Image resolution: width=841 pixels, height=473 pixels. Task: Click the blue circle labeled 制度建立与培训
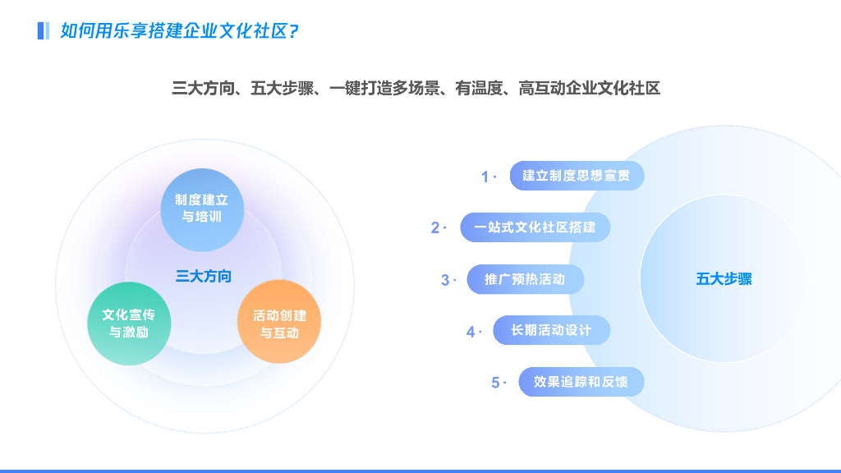coord(202,209)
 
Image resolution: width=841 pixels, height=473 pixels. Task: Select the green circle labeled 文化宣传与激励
coord(129,324)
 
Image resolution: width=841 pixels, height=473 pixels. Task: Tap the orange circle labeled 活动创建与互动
coord(279,324)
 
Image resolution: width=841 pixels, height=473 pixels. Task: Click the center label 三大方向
coord(204,276)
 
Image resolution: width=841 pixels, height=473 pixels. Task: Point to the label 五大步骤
coord(724,279)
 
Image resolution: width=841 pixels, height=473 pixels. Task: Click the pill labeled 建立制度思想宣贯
coord(577,176)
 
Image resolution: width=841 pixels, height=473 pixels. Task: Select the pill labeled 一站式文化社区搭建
coord(535,227)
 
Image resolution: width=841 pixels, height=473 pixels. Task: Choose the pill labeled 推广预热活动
coord(525,279)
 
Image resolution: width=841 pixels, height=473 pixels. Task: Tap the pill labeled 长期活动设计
coord(551,330)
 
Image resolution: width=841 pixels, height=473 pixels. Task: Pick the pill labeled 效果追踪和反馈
coord(581,382)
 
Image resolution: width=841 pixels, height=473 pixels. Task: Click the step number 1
coord(485,177)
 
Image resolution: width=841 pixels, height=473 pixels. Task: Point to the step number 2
coord(435,228)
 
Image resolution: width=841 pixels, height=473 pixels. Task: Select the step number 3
coord(445,280)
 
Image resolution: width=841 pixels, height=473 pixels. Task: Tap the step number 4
coord(471,332)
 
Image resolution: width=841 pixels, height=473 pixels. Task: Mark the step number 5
coord(495,383)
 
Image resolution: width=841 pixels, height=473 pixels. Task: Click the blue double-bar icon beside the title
coord(44,31)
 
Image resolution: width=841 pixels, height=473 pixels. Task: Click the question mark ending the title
coord(294,31)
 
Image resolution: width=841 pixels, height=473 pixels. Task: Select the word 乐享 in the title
coord(126,31)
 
